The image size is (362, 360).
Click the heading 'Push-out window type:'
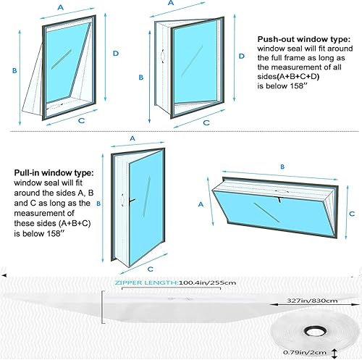coord(303,39)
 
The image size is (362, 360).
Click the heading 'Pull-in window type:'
coord(54,173)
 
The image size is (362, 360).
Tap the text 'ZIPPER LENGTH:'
coord(146,282)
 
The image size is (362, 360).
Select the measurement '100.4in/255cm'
coord(207,282)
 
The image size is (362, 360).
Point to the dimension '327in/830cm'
coord(312,301)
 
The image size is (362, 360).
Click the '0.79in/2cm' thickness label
coord(305,353)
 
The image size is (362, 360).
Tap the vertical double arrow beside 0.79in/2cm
coord(334,353)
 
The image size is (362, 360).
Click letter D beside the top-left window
coord(116,54)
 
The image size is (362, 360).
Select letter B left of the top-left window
coord(14,70)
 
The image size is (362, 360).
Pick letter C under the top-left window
coord(82,120)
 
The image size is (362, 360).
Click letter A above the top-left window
coord(61,7)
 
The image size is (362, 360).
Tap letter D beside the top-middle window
coord(242,56)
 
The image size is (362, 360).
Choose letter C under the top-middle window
coord(206,122)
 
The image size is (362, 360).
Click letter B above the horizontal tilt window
coord(282,167)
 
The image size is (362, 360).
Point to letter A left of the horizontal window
coord(201,204)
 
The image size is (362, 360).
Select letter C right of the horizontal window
coord(352,214)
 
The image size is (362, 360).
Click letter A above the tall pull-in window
coord(132,138)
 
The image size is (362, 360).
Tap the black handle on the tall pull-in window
coord(132,201)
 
